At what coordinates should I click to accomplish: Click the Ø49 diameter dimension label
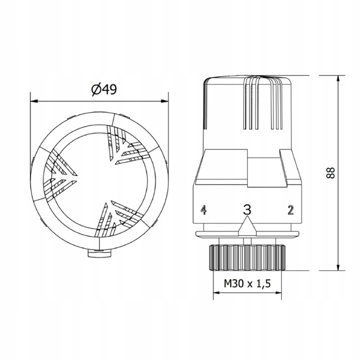(103, 89)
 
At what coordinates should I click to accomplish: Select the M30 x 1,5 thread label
(247, 284)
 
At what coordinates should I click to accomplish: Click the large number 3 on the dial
(246, 209)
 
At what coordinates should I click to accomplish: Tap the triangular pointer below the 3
(247, 226)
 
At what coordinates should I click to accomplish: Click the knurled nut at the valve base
(247, 256)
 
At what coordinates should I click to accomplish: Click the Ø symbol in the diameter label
(95, 89)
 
